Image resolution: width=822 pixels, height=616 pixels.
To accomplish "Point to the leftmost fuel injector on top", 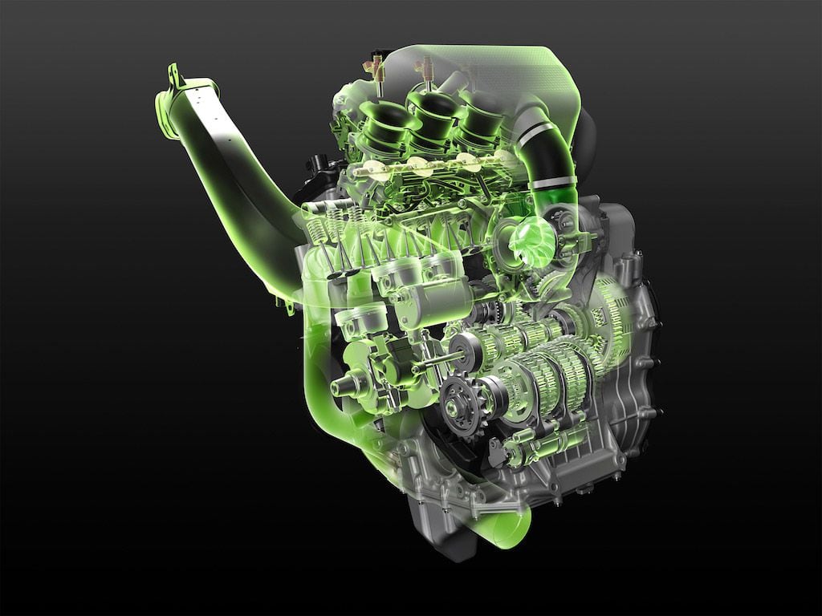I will [374, 69].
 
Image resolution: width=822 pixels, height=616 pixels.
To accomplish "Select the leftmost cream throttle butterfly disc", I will [372, 169].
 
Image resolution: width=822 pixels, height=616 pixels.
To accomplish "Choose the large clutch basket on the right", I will [614, 313].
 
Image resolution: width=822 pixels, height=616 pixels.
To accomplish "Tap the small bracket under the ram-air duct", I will [283, 302].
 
